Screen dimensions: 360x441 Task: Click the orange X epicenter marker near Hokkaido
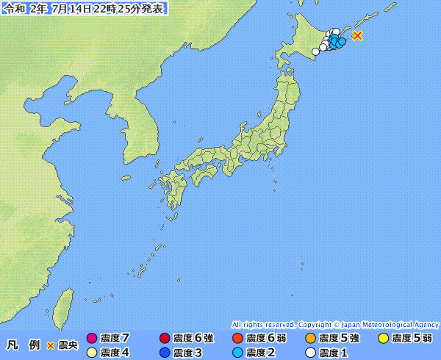pyautogui.click(x=357, y=35)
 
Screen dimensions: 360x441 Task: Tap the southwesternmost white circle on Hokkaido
pyautogui.click(x=315, y=51)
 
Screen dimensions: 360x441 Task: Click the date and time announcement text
pyautogui.click(x=84, y=9)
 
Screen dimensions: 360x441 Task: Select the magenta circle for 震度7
pyautogui.click(x=92, y=339)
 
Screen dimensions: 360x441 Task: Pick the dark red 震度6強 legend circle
pyautogui.click(x=165, y=339)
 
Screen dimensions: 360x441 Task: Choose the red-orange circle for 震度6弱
pyautogui.click(x=237, y=339)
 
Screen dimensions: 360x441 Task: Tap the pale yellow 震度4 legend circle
pyautogui.click(x=92, y=353)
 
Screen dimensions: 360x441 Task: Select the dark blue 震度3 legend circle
pyautogui.click(x=165, y=353)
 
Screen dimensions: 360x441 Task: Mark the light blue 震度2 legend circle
pyautogui.click(x=237, y=353)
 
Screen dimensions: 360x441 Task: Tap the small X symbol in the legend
pyautogui.click(x=51, y=345)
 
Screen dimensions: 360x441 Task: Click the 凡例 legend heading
pyautogui.click(x=23, y=345)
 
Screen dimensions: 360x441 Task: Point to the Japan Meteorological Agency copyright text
pyautogui.click(x=335, y=324)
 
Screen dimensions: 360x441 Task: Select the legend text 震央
pyautogui.click(x=68, y=345)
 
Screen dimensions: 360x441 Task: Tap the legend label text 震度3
pyautogui.click(x=187, y=353)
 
